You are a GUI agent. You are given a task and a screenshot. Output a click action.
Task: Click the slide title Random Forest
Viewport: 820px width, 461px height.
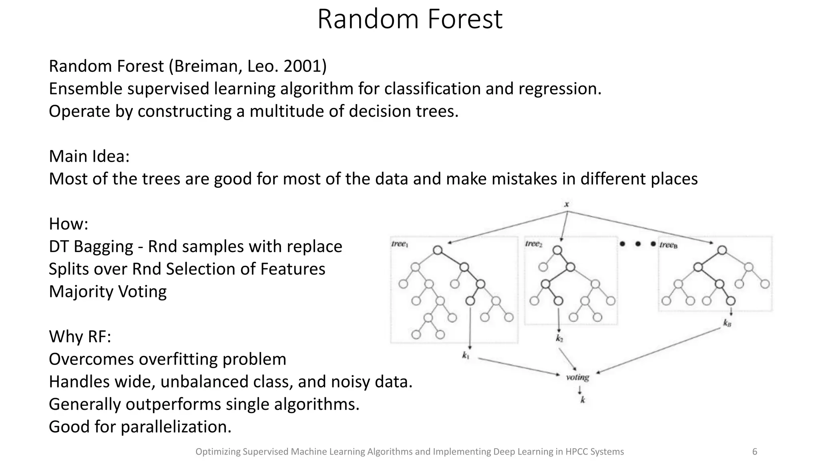(x=410, y=19)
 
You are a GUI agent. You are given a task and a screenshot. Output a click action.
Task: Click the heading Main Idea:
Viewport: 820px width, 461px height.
(x=89, y=156)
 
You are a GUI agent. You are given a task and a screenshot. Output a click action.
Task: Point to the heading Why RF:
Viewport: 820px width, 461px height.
(x=80, y=337)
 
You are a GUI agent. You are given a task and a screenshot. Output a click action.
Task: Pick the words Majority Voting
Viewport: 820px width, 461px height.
(x=108, y=291)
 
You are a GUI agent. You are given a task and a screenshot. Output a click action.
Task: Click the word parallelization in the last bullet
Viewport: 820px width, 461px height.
(x=176, y=427)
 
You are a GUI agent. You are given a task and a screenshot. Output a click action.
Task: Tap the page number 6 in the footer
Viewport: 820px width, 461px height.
(x=755, y=452)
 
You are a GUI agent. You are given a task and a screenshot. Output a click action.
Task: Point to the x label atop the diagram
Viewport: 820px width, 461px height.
(x=567, y=204)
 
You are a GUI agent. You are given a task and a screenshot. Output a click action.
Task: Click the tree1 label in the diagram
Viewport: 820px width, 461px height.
(x=400, y=244)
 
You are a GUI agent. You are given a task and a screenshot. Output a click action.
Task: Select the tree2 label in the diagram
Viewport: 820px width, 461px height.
(x=534, y=244)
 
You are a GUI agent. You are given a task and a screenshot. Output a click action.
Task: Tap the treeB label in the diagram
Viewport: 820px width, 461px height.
(x=668, y=245)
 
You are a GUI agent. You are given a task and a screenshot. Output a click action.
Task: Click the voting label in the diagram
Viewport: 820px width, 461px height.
(x=578, y=377)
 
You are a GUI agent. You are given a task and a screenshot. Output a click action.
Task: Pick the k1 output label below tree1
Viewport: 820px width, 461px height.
(x=466, y=355)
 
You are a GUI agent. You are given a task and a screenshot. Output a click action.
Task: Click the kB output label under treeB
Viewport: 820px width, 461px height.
(x=727, y=323)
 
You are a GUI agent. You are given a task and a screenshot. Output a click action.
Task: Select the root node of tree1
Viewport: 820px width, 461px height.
(x=438, y=250)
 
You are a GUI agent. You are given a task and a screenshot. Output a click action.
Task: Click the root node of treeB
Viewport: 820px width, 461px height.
(x=722, y=250)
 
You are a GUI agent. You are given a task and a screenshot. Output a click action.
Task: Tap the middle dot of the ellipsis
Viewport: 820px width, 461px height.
(x=638, y=244)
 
